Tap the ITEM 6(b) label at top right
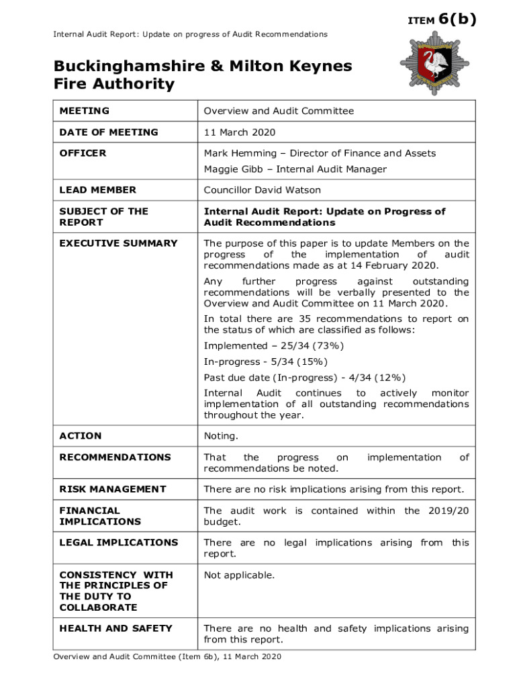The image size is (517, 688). pos(442,19)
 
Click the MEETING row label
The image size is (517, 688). pos(84,111)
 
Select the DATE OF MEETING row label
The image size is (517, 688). pos(109,132)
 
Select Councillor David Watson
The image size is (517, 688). pos(263,190)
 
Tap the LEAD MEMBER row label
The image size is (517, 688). pos(97,190)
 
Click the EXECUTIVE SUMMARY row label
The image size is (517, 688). pos(118,243)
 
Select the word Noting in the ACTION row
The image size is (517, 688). pos(221,436)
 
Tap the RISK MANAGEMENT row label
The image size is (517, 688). pos(112,489)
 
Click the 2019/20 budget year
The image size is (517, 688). pos(446,511)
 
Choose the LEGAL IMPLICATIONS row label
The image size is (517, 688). pos(118,542)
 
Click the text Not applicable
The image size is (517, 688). pos(239,575)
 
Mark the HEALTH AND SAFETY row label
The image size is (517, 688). pos(115,628)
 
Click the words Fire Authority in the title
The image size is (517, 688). pos(114,84)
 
